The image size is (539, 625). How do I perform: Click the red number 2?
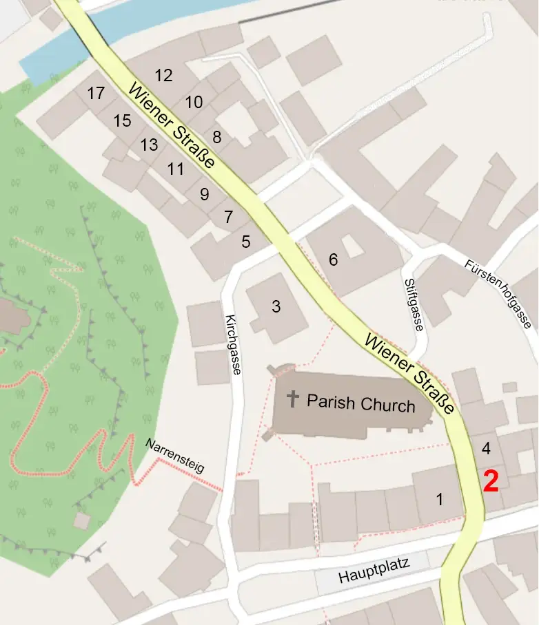491,481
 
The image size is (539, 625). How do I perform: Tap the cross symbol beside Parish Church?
294,399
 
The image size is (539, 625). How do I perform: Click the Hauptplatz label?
374,571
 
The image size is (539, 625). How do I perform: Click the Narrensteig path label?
176,456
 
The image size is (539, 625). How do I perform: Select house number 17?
96,92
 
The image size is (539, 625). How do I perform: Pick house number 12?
163,76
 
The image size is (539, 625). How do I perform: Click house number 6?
334,259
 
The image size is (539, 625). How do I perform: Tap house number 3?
276,306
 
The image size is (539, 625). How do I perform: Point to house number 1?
440,500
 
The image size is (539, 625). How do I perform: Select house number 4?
486,449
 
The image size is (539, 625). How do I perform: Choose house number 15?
122,121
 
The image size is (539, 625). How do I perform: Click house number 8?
216,137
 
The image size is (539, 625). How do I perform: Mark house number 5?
246,242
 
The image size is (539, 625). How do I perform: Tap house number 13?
149,145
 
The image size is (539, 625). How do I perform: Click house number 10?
194,103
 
